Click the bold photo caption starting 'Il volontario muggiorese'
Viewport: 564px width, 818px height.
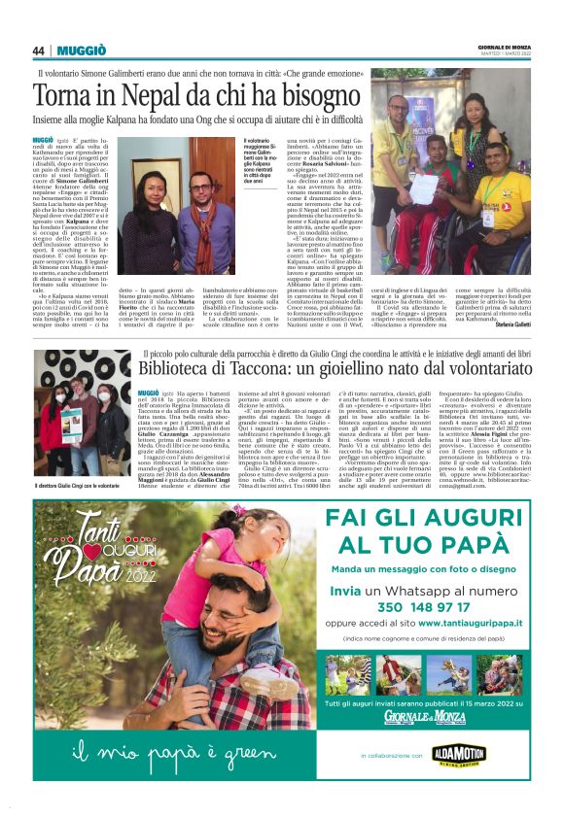pyautogui.click(x=254, y=159)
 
